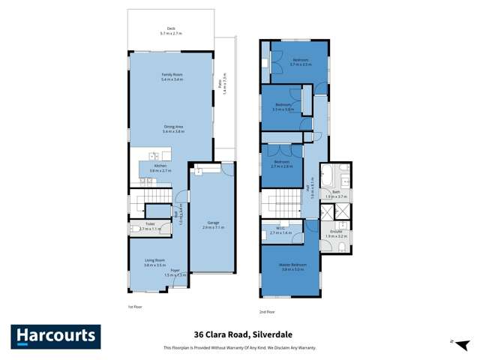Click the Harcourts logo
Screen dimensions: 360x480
pyautogui.click(x=55, y=337)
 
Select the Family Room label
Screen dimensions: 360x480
pyautogui.click(x=172, y=76)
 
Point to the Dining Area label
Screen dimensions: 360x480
pyautogui.click(x=172, y=129)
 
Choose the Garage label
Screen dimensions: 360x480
pyautogui.click(x=213, y=225)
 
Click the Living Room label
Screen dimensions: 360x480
pyautogui.click(x=154, y=262)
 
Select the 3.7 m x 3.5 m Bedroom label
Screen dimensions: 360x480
pyautogui.click(x=300, y=61)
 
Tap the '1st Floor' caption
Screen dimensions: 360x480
pyautogui.click(x=135, y=307)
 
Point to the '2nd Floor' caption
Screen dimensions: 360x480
pyautogui.click(x=268, y=310)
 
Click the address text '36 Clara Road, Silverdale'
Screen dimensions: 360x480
pyautogui.click(x=239, y=336)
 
